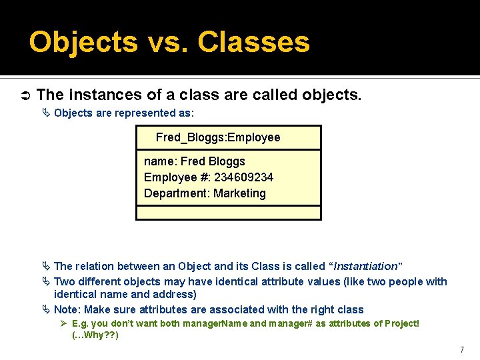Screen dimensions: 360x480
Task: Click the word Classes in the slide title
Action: click(254, 42)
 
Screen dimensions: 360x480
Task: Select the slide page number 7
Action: click(461, 349)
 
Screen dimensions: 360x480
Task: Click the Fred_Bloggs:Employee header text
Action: click(218, 137)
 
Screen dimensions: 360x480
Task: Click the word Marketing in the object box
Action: click(239, 193)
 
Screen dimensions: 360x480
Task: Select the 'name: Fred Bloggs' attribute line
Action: click(194, 161)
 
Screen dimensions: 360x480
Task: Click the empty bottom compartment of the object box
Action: click(228, 213)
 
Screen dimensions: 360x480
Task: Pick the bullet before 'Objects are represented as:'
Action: click(46, 113)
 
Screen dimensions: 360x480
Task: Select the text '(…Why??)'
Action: click(95, 335)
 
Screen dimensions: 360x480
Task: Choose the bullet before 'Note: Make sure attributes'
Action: click(46, 309)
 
